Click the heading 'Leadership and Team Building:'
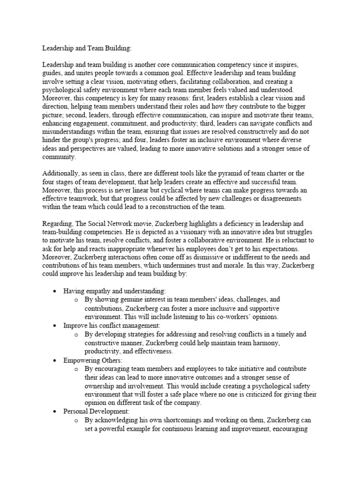(x=82, y=48)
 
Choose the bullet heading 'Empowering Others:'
(x=93, y=360)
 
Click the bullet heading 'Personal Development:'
(x=96, y=411)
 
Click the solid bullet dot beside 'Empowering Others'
(x=55, y=360)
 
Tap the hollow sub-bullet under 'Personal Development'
(x=75, y=420)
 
